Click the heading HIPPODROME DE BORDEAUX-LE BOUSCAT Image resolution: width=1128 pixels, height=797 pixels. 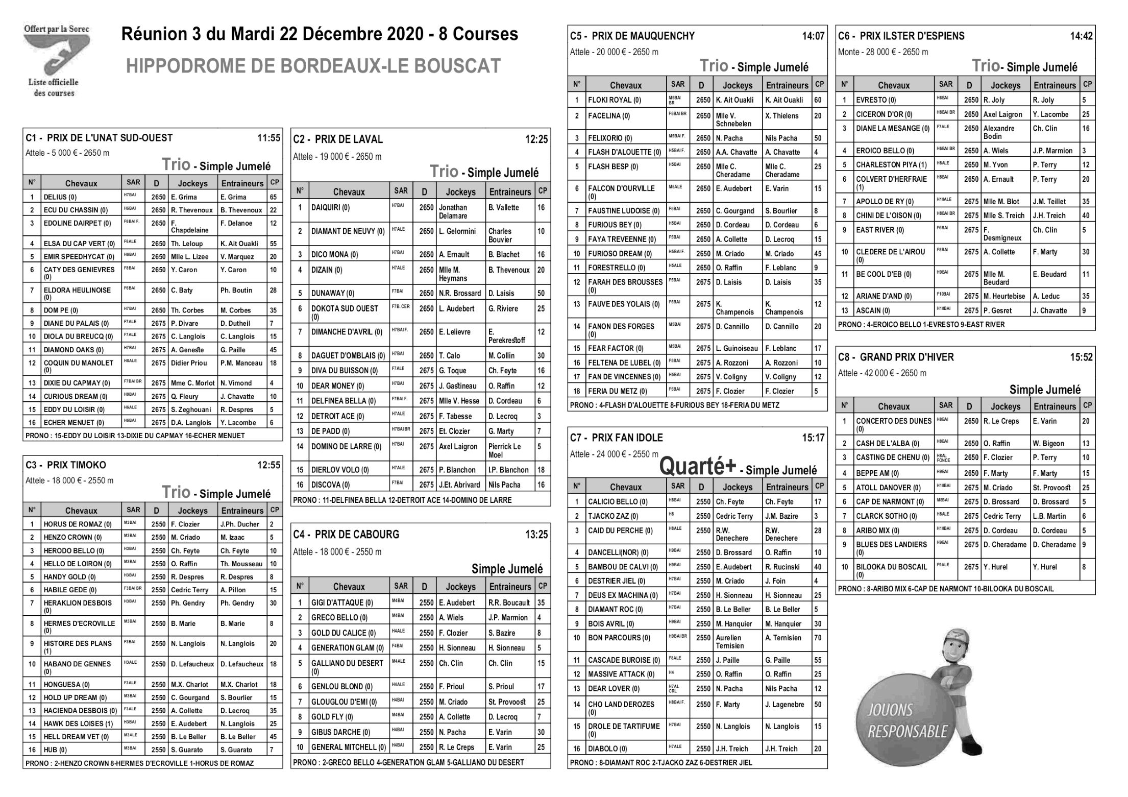click(x=313, y=66)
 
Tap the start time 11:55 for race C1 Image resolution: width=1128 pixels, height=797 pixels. click(x=268, y=138)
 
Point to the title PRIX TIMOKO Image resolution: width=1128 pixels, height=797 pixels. click(x=76, y=465)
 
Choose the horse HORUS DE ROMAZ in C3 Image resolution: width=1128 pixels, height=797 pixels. click(x=77, y=524)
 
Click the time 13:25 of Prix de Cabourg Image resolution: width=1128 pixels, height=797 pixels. click(x=536, y=535)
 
